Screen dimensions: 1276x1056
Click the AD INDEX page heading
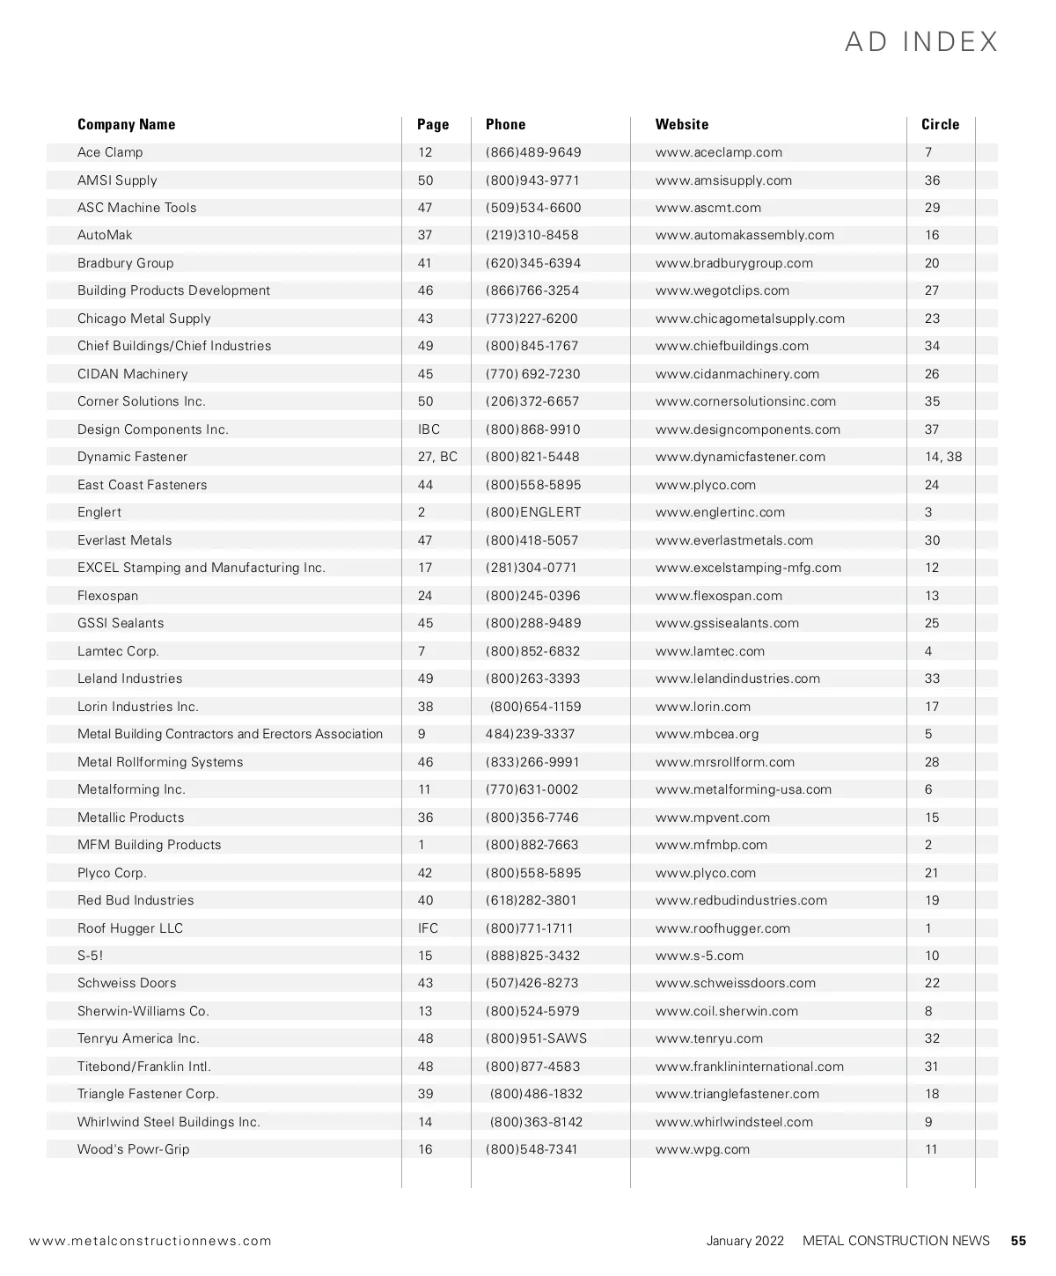(x=921, y=41)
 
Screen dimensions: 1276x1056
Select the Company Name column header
(x=126, y=124)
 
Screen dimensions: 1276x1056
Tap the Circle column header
(x=940, y=124)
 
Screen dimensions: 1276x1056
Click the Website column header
(x=681, y=124)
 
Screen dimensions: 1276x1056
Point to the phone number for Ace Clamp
(x=533, y=152)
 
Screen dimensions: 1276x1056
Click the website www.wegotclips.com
(x=722, y=290)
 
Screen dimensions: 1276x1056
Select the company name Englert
(x=99, y=512)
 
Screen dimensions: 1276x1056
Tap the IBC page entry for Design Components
(x=429, y=429)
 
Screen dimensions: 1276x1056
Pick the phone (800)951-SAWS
(x=536, y=1038)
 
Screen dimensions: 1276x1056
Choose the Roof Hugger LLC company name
(x=130, y=928)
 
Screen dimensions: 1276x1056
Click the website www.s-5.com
(x=699, y=956)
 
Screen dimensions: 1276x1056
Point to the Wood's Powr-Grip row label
(x=133, y=1149)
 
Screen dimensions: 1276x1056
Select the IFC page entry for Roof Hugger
(x=428, y=928)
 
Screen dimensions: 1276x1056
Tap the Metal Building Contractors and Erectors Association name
(x=230, y=734)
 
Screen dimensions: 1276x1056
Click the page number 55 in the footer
(x=1018, y=1241)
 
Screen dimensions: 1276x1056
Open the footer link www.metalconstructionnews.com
(x=150, y=1241)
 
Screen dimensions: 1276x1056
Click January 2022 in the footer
(x=744, y=1241)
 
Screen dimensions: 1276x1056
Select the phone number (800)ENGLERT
(x=533, y=512)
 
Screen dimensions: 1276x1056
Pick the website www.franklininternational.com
(x=749, y=1067)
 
